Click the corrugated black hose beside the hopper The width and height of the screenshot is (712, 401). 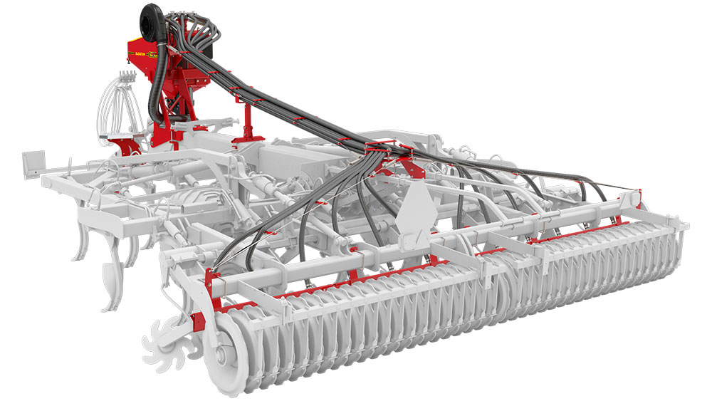[x=156, y=85]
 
